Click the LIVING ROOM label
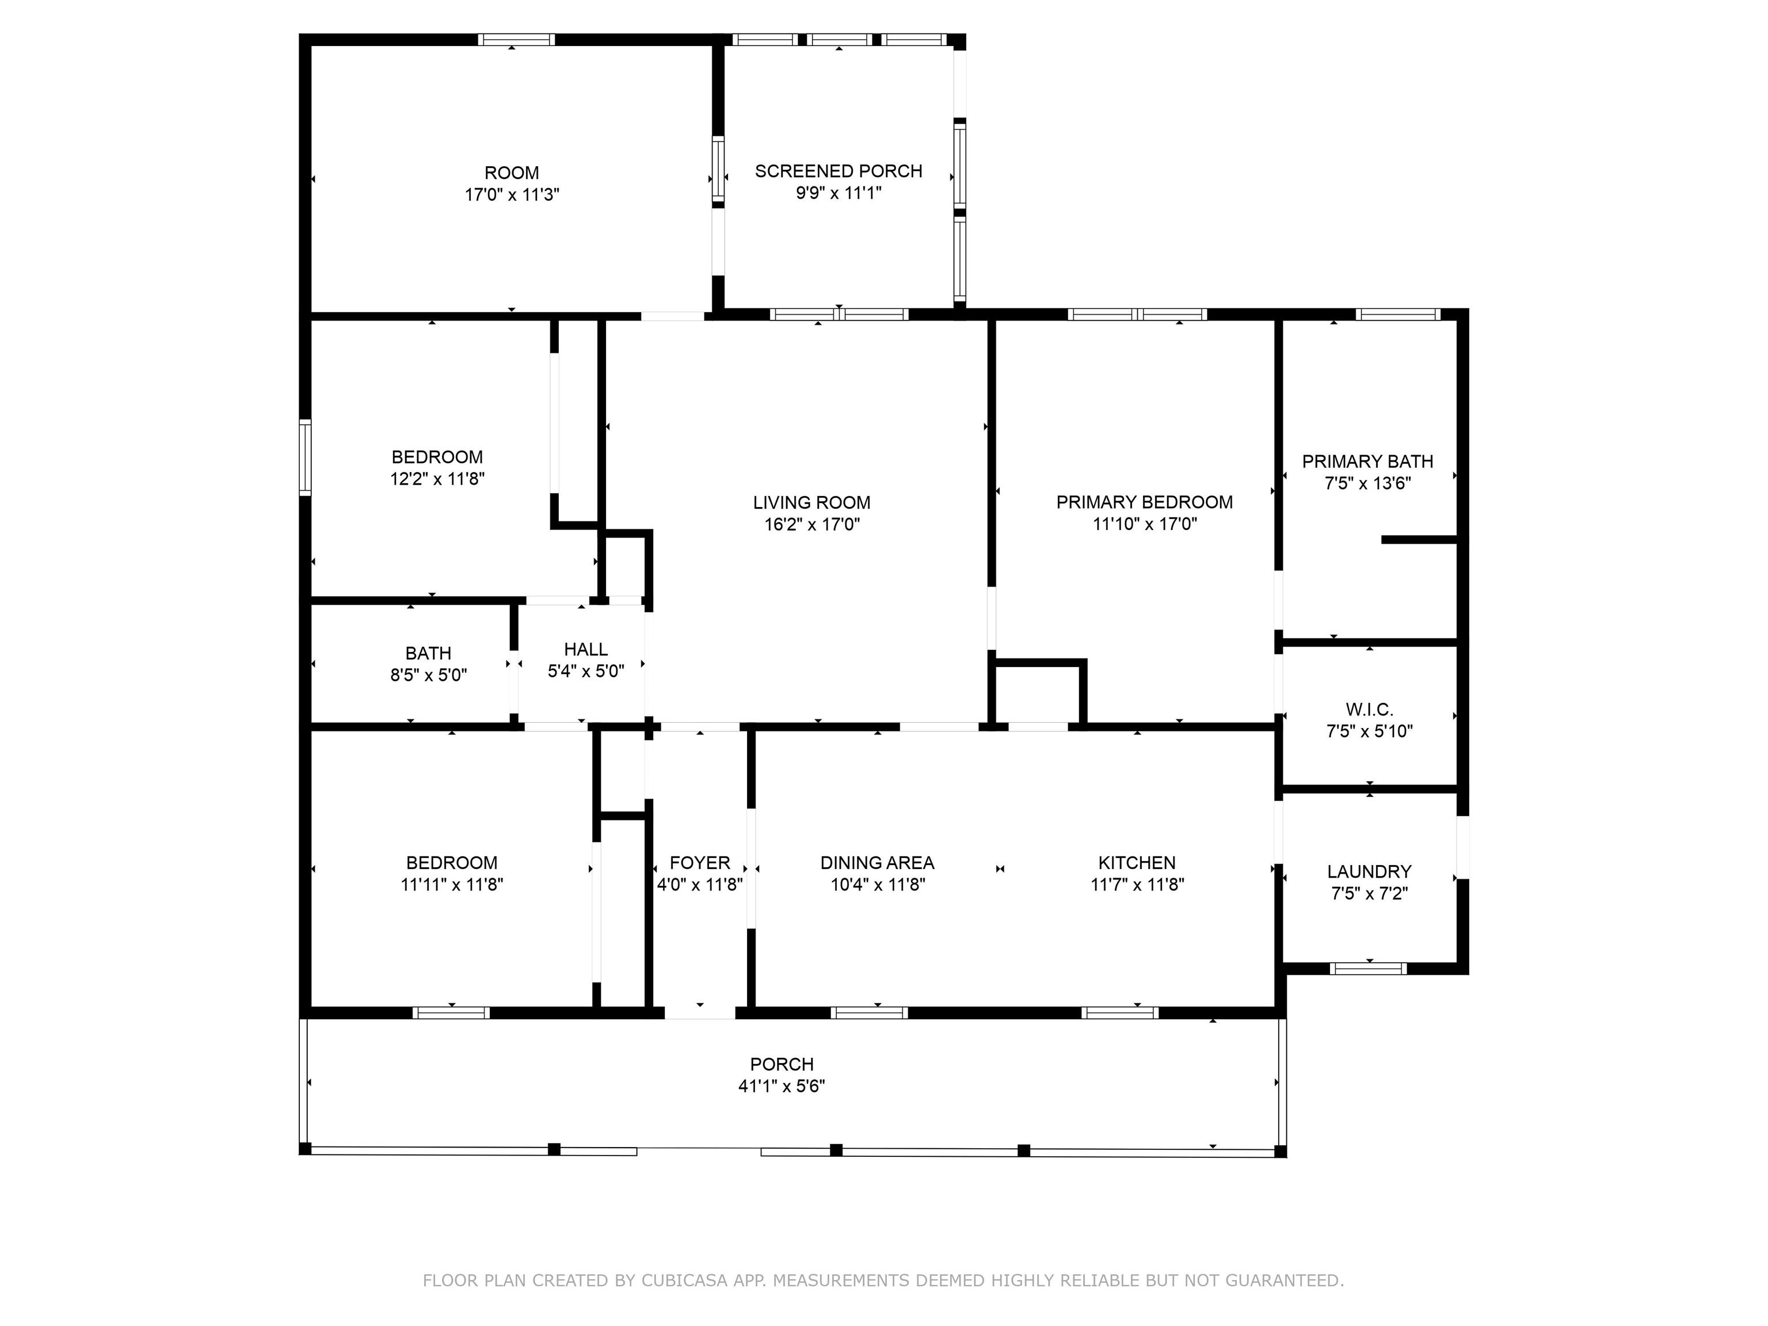pos(811,503)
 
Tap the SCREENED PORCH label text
pos(839,171)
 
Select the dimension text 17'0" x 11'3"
pos(512,194)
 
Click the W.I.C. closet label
pos(1369,709)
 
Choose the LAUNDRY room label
pos(1369,871)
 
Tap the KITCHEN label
pos(1137,863)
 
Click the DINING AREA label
pos(877,863)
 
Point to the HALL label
pos(586,649)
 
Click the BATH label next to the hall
pos(428,653)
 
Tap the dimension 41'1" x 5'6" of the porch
pos(782,1085)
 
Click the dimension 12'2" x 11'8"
pos(437,479)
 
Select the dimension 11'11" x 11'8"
pos(452,884)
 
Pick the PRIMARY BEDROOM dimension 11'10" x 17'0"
pos(1145,524)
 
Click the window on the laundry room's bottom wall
pos(1369,969)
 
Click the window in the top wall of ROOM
pos(516,39)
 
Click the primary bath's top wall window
pos(1398,314)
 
